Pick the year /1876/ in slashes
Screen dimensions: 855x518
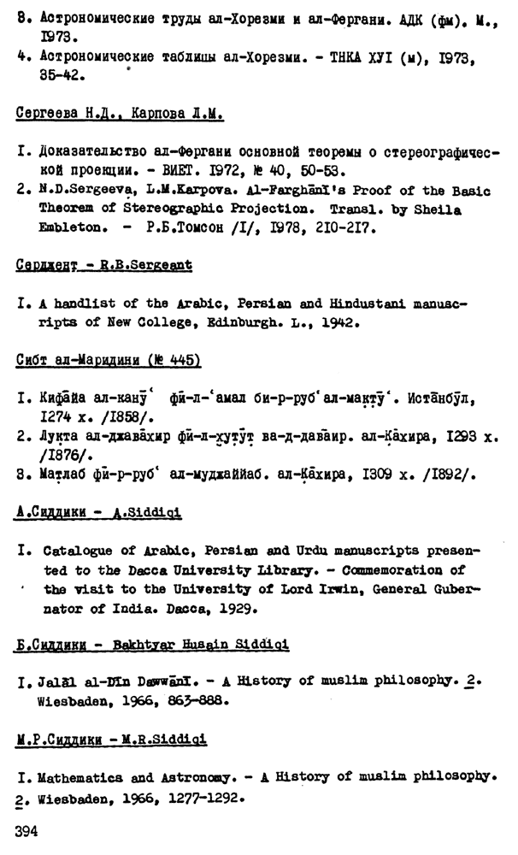(62, 451)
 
